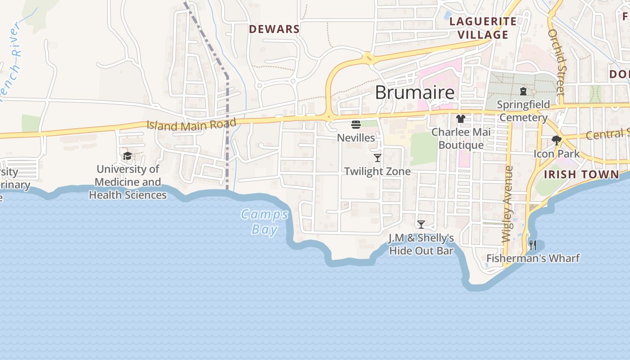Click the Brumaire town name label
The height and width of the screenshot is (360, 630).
[414, 93]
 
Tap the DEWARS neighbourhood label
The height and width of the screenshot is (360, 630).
[274, 29]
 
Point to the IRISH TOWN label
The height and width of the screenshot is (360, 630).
[581, 175]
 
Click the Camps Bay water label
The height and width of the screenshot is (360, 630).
[265, 221]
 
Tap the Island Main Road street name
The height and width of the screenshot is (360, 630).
[192, 125]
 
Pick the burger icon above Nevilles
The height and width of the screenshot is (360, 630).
[356, 124]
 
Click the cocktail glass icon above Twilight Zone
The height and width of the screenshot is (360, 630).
[378, 158]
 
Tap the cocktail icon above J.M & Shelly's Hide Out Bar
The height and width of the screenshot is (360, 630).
[421, 225]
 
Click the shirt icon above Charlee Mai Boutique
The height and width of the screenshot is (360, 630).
[461, 119]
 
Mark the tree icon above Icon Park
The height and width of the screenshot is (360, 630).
[557, 140]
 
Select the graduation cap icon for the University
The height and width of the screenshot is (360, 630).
[128, 156]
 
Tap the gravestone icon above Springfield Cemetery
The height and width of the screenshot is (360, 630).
[523, 92]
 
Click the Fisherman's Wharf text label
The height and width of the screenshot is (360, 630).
[533, 258]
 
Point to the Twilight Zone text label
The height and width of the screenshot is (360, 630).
[377, 171]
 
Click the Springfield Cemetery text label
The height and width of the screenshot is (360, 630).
[523, 111]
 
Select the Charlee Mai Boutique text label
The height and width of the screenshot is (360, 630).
[461, 139]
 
